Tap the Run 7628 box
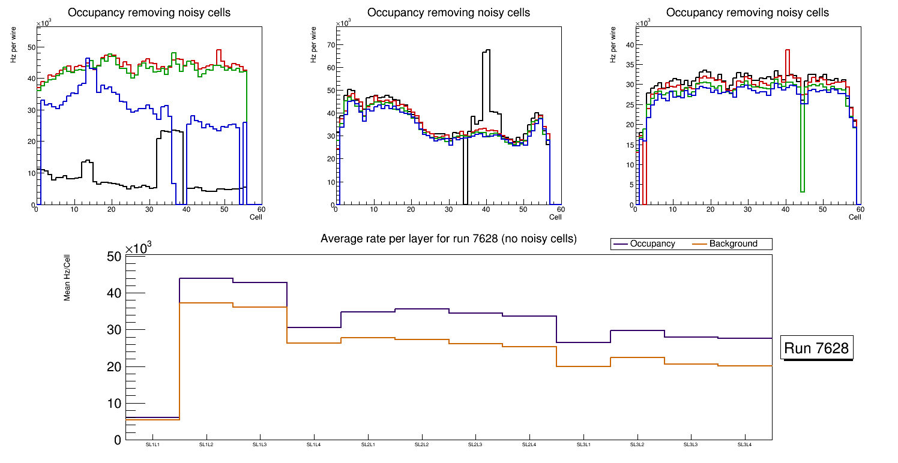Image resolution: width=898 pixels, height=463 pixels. click(817, 348)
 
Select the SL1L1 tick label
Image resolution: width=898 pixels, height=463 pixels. click(152, 445)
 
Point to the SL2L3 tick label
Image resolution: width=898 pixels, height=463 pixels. click(475, 445)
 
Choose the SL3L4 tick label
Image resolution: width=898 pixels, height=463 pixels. click(744, 445)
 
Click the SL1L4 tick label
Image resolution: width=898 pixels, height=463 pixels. click(314, 445)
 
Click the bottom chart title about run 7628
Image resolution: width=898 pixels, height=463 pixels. click(448, 239)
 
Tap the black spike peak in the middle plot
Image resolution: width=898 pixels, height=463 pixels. click(486, 50)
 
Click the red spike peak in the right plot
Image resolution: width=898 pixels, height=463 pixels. click(787, 50)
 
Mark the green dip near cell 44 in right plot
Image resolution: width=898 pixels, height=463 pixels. click(802, 191)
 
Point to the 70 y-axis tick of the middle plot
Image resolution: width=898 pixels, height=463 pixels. click(329, 45)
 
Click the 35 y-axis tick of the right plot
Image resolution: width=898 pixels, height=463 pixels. click(629, 64)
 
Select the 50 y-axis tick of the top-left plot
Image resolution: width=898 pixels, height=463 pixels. click(30, 47)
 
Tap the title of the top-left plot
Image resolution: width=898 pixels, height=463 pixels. click(149, 13)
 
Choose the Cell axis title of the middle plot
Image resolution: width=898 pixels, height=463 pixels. click(555, 217)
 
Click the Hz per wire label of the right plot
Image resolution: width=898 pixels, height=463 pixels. click(613, 50)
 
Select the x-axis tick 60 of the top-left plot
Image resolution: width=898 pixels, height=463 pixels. click(261, 209)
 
